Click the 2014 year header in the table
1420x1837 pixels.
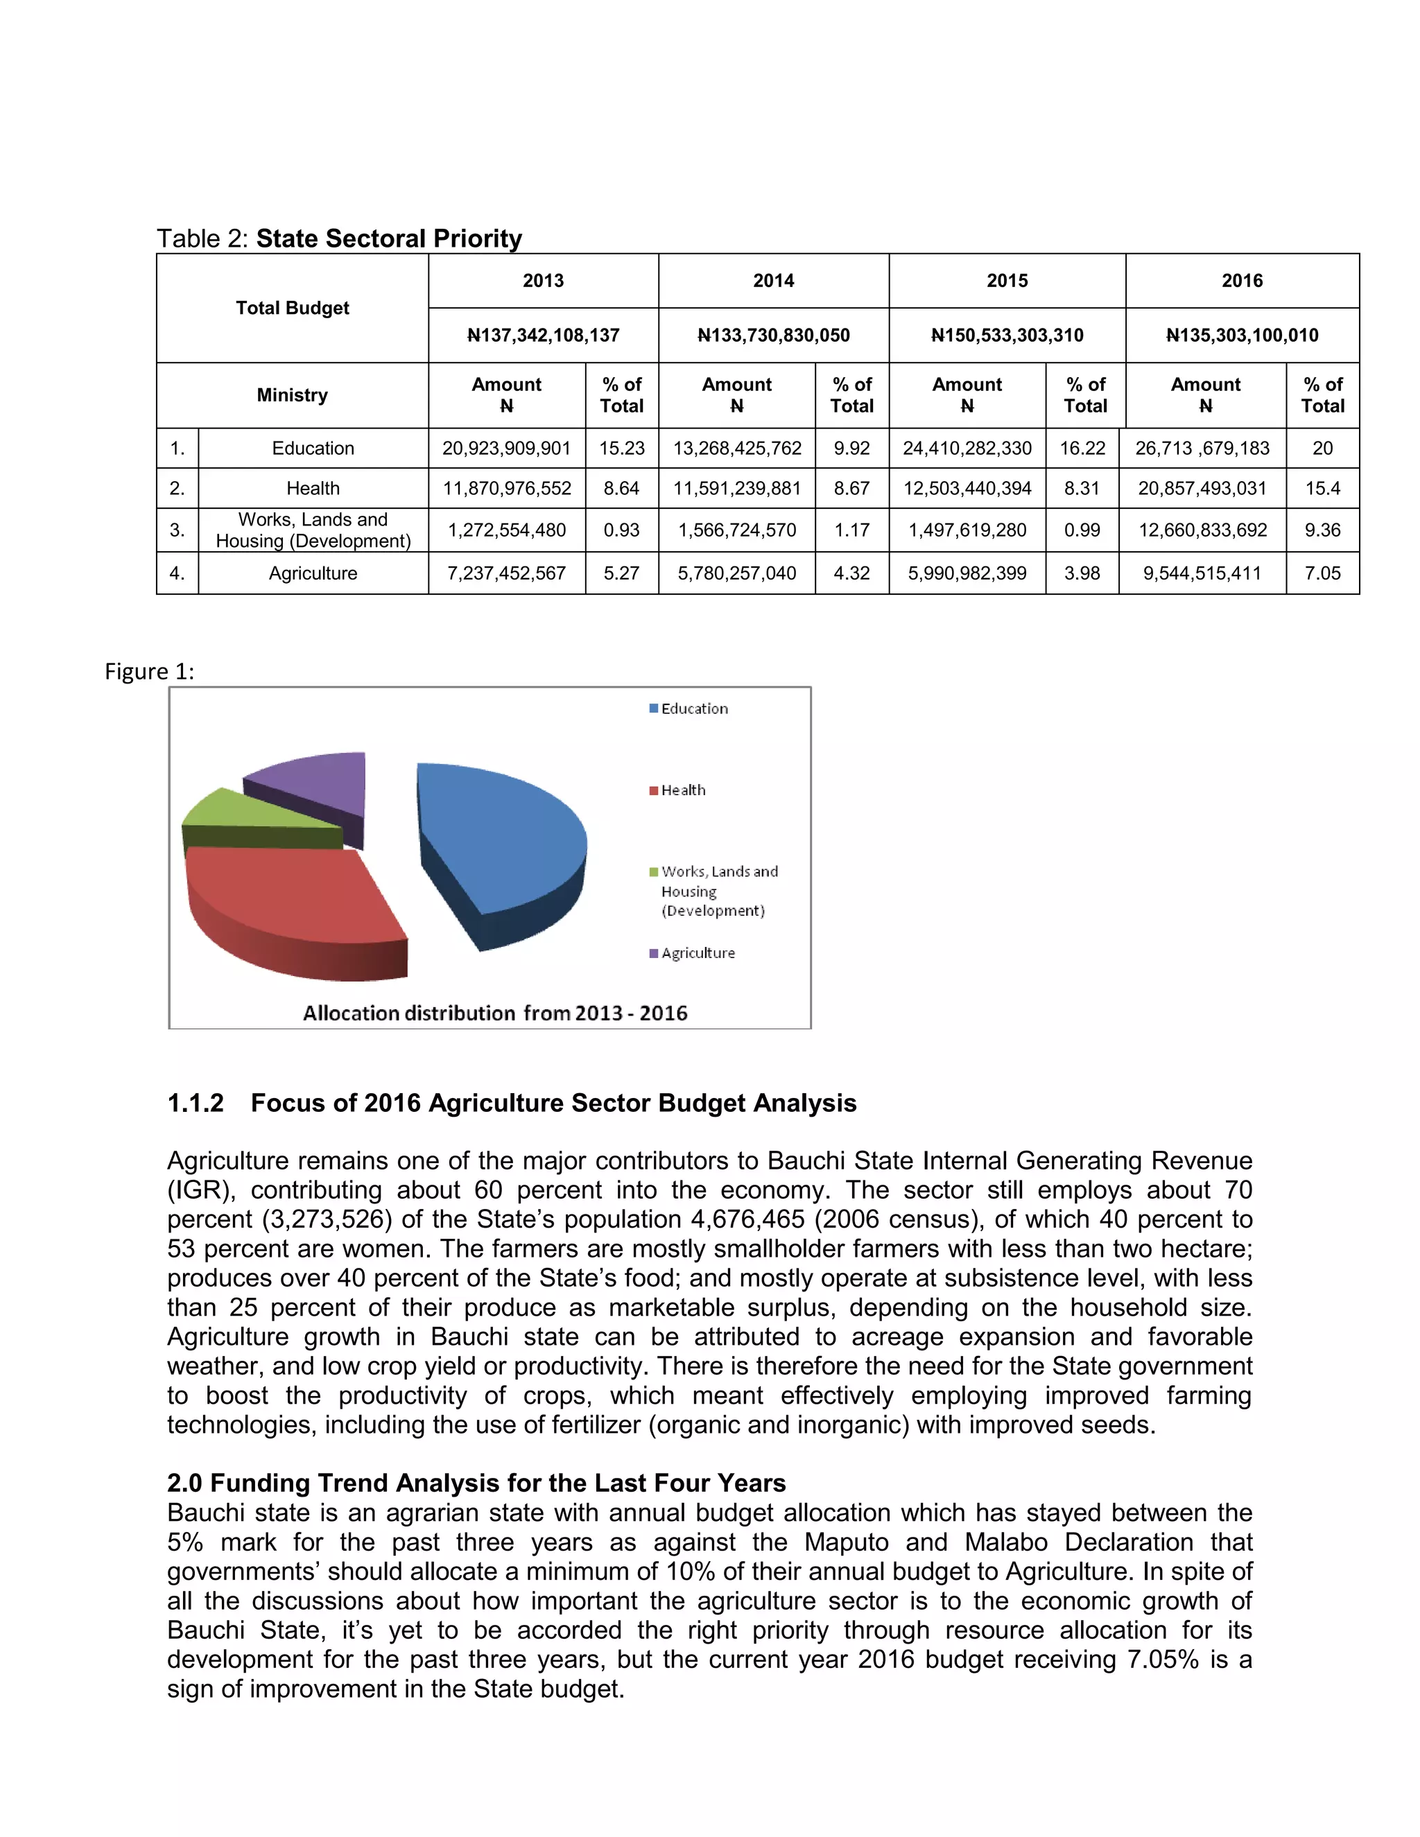tap(773, 281)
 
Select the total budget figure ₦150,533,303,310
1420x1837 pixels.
tap(1007, 336)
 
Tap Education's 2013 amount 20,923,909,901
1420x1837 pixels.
tap(506, 449)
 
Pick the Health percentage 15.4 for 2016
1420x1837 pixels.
tap(1322, 489)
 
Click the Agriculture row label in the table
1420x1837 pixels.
tap(313, 574)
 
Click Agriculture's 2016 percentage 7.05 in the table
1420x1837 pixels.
tap(1322, 574)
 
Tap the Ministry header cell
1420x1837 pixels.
tap(292, 395)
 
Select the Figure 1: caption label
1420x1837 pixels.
tap(149, 672)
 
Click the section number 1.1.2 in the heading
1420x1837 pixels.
tap(195, 1104)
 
